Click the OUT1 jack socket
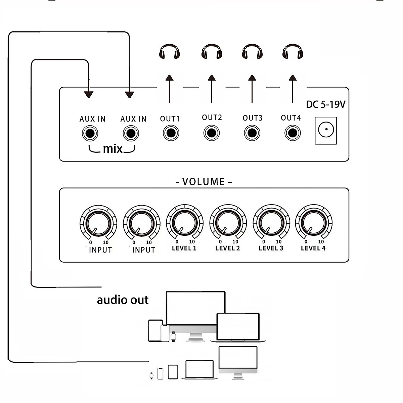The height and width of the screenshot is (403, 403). (x=171, y=133)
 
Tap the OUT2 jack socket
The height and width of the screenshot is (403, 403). (x=212, y=133)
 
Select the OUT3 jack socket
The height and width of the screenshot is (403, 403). (x=252, y=133)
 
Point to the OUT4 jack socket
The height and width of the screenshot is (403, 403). (x=293, y=133)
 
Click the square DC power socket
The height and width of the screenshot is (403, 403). (x=326, y=131)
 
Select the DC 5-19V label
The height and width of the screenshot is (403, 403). (x=325, y=104)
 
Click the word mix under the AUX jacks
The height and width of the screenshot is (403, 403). (x=113, y=148)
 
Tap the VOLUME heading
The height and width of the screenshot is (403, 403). (x=204, y=182)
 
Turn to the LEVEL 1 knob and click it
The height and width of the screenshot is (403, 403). (x=185, y=223)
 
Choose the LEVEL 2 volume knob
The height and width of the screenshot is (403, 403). (x=228, y=223)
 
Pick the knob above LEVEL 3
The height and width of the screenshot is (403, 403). (x=271, y=223)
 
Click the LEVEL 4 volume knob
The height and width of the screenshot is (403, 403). (x=314, y=223)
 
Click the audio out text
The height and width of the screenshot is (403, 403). (x=123, y=300)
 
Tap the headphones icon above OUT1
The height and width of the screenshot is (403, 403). (x=169, y=52)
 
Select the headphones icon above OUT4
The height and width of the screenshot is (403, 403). (x=293, y=52)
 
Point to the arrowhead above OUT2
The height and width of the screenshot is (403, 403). (x=212, y=78)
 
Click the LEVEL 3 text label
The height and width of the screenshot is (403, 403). (x=271, y=248)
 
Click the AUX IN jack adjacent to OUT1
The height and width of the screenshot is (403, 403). (x=131, y=133)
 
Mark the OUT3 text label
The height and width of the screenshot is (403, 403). (x=253, y=118)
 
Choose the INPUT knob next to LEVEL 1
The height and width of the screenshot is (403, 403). (x=141, y=223)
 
